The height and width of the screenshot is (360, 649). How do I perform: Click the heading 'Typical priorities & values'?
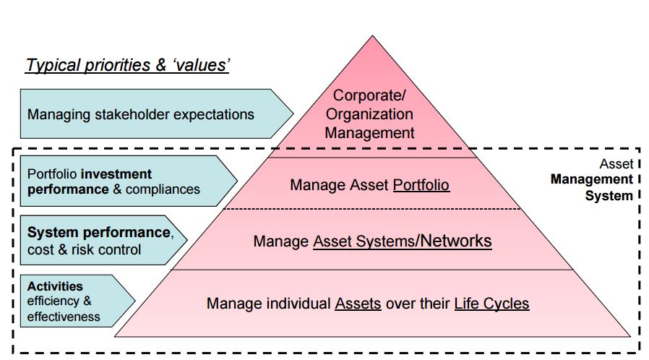[x=127, y=65]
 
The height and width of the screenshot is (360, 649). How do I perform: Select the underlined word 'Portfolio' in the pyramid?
[x=421, y=185]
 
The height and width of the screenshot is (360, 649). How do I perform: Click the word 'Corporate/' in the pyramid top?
[x=369, y=95]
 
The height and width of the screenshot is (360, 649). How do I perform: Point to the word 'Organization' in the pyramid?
[x=369, y=114]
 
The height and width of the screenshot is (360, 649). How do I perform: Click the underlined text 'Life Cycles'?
[x=491, y=304]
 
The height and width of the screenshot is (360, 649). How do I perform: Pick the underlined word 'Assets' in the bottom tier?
[x=358, y=304]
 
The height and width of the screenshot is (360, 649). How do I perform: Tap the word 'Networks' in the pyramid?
[x=456, y=241]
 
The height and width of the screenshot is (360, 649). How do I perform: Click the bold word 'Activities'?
[x=55, y=286]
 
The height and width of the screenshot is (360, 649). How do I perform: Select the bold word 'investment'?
[x=117, y=173]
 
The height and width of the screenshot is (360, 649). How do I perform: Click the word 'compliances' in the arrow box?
[x=163, y=189]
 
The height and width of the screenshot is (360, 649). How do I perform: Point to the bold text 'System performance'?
[x=98, y=232]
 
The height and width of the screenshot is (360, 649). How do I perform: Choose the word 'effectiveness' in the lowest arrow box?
[x=64, y=317]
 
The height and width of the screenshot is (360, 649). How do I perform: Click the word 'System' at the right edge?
[x=609, y=196]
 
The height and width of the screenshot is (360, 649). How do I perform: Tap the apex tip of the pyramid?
[x=372, y=35]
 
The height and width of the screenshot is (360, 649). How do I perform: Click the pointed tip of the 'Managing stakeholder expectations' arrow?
[x=293, y=113]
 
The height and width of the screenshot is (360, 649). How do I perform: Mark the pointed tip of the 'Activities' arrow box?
[x=134, y=301]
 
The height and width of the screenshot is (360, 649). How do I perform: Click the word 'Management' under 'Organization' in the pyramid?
[x=369, y=133]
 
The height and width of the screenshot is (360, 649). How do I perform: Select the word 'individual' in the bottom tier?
[x=298, y=304]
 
